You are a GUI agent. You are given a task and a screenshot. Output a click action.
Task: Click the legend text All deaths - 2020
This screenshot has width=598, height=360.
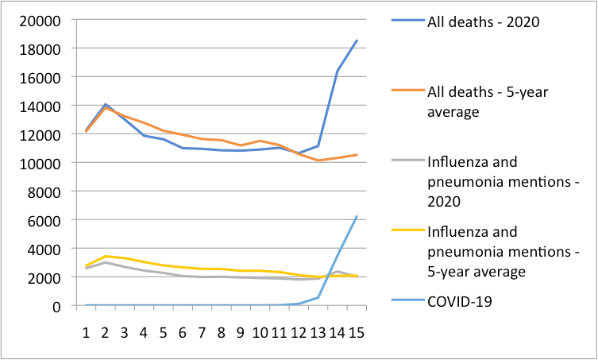click(483, 21)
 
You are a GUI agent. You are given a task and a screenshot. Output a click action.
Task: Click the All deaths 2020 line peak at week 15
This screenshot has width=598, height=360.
click(356, 41)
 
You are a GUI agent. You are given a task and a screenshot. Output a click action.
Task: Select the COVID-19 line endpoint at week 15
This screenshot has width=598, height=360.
click(356, 216)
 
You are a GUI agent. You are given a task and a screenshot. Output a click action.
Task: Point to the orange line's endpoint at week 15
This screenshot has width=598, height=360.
click(356, 155)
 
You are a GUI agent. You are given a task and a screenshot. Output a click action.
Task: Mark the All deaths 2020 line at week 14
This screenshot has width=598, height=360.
click(337, 71)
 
